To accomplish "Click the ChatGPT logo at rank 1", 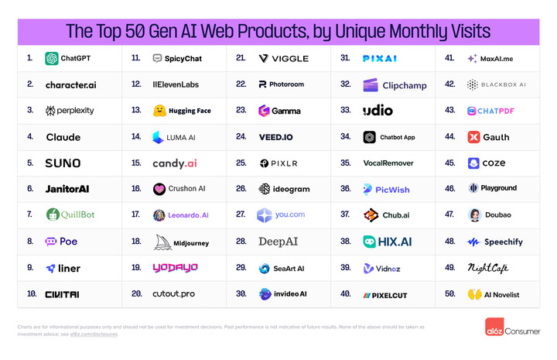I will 52,58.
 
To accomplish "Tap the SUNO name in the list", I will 63,163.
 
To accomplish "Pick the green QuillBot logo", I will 53,215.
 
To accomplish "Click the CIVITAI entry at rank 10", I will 63,294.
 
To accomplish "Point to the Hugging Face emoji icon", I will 159,111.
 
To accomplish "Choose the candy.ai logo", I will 175,163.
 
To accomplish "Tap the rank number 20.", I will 136,294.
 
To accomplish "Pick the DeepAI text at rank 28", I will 278,242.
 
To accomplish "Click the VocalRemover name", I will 388,163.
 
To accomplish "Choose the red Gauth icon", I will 473,137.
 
